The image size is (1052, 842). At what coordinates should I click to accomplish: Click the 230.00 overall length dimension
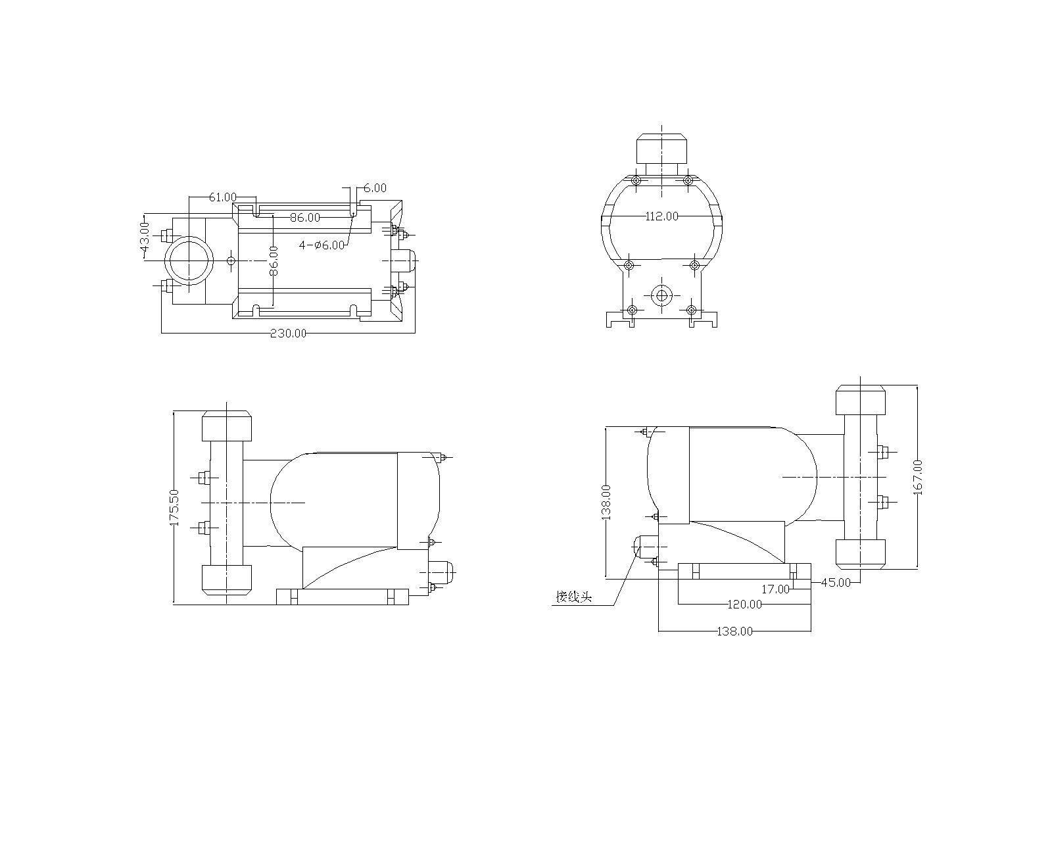click(289, 333)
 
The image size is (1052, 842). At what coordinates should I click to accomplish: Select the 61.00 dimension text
click(223, 197)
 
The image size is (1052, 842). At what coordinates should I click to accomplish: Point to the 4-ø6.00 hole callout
click(322, 245)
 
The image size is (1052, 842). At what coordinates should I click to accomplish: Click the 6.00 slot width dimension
click(375, 188)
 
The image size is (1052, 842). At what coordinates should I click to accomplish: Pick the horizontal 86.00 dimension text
click(305, 217)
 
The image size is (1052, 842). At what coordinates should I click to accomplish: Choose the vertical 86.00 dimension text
click(274, 260)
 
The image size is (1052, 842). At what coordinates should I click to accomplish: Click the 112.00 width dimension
click(662, 216)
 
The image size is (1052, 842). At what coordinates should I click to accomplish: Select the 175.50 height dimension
click(174, 508)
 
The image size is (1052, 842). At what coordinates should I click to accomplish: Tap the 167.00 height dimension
click(918, 478)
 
